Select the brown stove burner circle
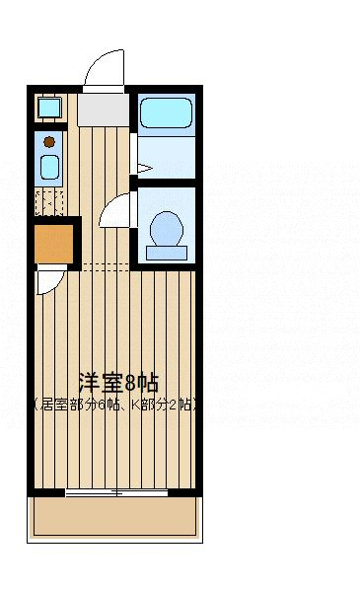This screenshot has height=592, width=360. click(49, 142)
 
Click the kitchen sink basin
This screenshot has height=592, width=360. click(49, 167)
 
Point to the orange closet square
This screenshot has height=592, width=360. click(54, 244)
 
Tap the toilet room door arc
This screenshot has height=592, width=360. click(114, 209)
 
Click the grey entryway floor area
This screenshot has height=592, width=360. click(103, 109)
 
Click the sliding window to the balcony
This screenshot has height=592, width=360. click(116, 491)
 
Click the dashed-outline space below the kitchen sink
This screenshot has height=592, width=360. click(49, 203)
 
